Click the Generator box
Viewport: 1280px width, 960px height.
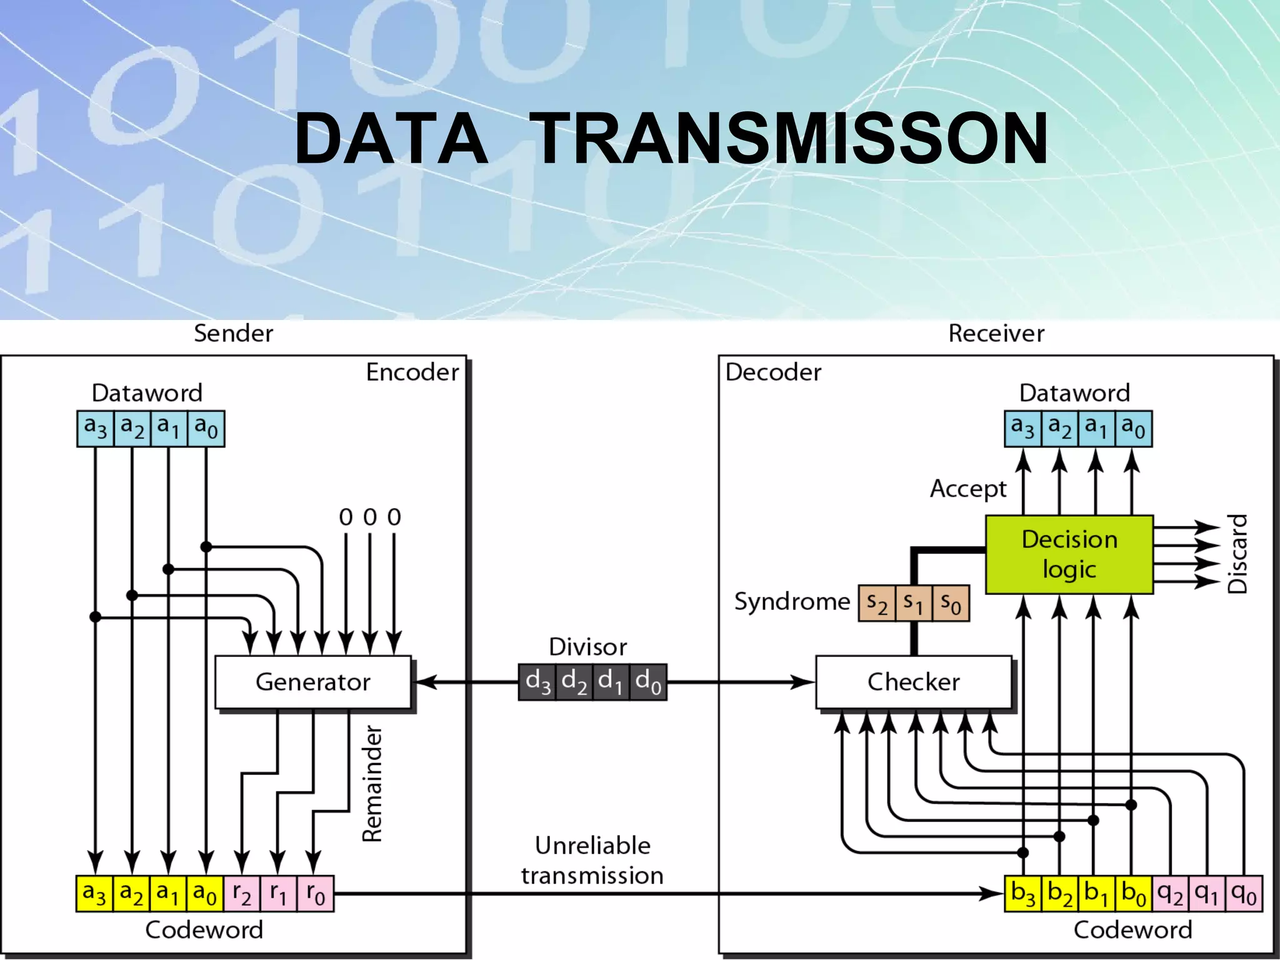312,682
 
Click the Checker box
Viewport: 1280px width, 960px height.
913,682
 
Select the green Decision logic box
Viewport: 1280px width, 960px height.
1069,554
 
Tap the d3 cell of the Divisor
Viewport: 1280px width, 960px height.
537,682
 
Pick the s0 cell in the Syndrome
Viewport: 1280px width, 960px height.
951,604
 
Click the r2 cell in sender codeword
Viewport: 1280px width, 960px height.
242,894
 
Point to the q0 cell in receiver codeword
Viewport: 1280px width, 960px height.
1244,894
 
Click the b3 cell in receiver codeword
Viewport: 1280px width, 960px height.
1023,894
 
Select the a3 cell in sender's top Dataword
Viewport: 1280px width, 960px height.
96,428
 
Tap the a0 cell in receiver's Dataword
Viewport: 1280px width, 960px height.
1133,428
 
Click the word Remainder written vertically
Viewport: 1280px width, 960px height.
372,784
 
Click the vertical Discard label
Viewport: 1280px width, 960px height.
1237,554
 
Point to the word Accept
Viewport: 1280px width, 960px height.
968,489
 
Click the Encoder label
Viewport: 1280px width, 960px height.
412,372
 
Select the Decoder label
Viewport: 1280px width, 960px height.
773,372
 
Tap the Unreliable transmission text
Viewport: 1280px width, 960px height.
592,861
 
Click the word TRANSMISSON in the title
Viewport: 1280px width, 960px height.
791,139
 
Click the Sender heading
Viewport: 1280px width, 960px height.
233,334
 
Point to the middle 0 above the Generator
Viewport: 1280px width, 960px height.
370,517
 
